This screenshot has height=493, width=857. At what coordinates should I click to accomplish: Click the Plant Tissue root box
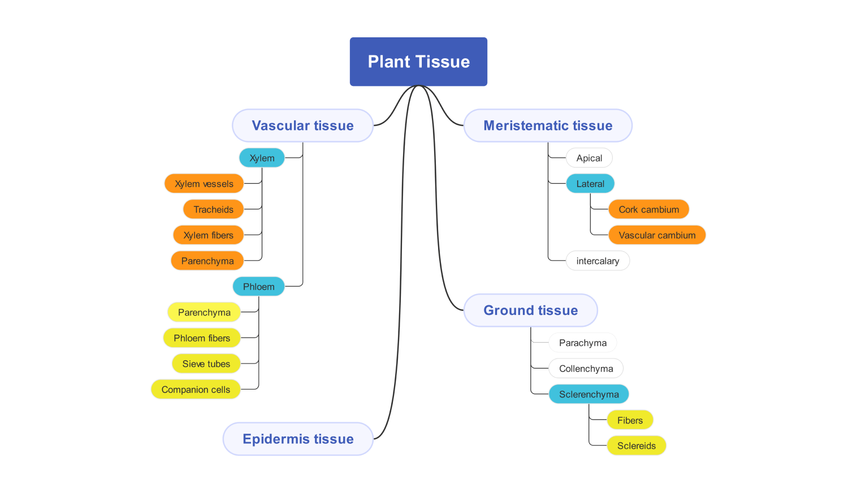click(418, 62)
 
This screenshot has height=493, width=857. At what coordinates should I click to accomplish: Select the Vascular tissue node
click(302, 126)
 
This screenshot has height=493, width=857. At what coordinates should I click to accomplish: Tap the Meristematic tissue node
click(548, 126)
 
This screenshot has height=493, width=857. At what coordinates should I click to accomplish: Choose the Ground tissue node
click(530, 310)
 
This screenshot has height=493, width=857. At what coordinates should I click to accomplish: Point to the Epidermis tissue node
click(298, 439)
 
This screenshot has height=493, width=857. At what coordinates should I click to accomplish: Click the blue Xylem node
click(262, 158)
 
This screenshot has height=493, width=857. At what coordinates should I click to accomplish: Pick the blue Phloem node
click(258, 287)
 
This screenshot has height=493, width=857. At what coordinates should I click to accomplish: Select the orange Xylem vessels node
click(204, 184)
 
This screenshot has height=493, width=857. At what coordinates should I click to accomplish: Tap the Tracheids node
click(213, 209)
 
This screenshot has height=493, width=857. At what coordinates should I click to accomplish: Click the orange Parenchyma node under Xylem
click(207, 261)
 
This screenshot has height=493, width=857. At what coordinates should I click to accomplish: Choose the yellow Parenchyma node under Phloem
click(204, 312)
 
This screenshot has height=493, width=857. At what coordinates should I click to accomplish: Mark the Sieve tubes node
click(206, 364)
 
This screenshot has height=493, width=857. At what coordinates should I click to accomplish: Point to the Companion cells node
click(196, 390)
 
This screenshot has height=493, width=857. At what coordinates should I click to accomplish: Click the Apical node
click(589, 158)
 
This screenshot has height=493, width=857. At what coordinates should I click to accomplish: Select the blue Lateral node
click(590, 184)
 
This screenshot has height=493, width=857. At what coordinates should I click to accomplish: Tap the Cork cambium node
click(648, 209)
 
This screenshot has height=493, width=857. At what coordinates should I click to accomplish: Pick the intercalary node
click(598, 261)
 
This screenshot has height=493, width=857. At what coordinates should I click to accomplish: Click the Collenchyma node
click(586, 369)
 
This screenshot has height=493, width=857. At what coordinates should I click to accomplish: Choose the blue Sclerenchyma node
click(588, 394)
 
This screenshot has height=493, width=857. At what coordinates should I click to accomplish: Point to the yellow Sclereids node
click(637, 446)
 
